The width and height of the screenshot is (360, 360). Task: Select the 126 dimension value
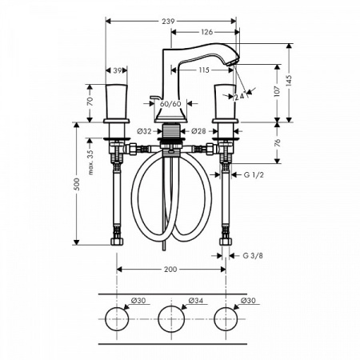coord(206,33)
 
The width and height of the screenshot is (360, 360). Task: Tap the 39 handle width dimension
coord(118,70)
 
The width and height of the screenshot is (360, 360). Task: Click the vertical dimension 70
coord(90,101)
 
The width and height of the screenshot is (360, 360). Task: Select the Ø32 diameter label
coord(144,130)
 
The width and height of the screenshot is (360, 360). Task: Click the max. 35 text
coord(91,159)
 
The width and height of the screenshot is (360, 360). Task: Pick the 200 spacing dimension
coord(171,270)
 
